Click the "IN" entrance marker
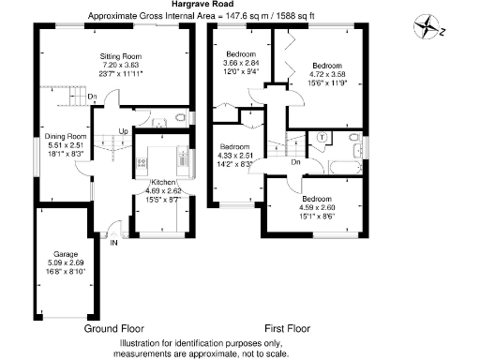[115, 243]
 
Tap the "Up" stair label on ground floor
[123, 130]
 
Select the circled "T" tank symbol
[322, 137]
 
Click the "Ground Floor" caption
[113, 329]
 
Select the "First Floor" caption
[287, 329]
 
